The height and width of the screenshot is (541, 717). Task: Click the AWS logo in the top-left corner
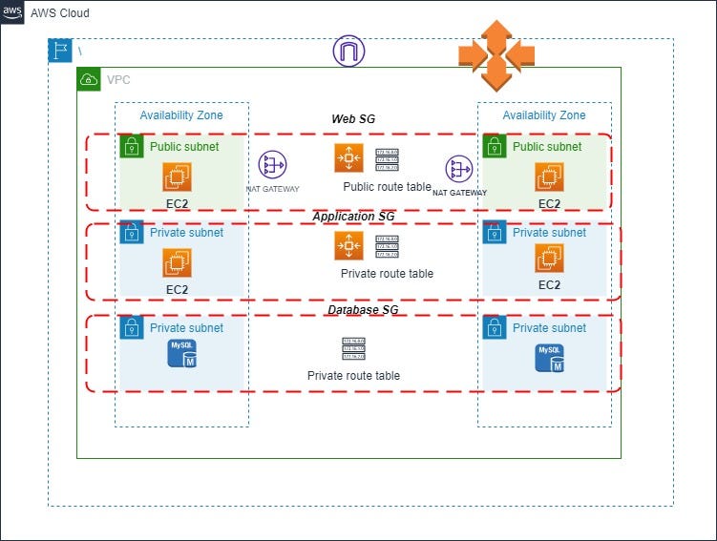(x=12, y=12)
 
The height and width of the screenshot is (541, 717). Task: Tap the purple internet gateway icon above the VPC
(x=348, y=51)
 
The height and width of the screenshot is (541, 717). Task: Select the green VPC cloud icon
(x=89, y=79)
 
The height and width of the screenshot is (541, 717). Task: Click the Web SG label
(x=352, y=118)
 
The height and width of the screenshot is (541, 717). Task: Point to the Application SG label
(x=354, y=217)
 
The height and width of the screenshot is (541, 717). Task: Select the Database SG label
(x=362, y=310)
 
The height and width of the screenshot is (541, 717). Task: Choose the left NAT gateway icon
(x=272, y=166)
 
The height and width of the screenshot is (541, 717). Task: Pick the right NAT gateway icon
(x=459, y=170)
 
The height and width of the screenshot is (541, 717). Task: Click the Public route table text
(x=387, y=187)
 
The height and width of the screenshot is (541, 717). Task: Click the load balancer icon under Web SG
(x=348, y=158)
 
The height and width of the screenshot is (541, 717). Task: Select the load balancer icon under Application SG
(x=348, y=246)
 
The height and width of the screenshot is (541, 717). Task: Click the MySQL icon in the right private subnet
(x=549, y=358)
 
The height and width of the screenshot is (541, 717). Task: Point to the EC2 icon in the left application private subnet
(x=178, y=263)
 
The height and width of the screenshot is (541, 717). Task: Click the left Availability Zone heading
(x=181, y=115)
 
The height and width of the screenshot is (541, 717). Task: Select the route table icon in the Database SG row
(x=354, y=349)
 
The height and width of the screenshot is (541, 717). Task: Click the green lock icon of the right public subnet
(x=494, y=147)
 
